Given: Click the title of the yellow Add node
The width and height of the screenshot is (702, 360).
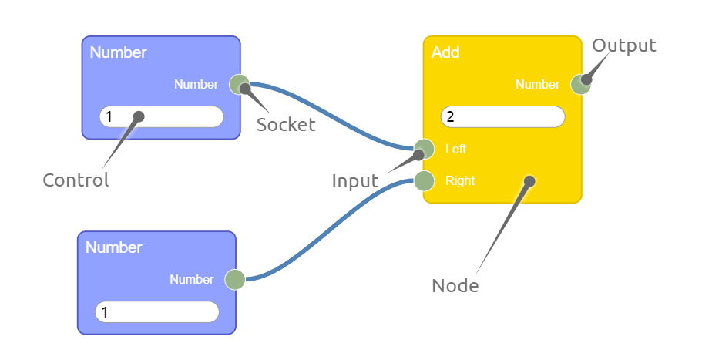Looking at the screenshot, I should [x=445, y=53].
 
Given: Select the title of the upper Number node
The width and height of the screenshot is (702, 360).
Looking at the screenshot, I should [x=118, y=53].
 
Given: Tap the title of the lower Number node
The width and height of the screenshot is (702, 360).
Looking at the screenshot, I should [x=113, y=248].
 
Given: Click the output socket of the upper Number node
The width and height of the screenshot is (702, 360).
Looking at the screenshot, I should [x=238, y=84].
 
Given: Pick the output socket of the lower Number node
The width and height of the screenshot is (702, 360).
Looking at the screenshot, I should [x=234, y=280].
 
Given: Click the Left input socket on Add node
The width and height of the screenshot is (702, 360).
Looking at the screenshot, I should [x=424, y=149].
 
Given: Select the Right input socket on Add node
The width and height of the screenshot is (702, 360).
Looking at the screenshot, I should [x=424, y=181].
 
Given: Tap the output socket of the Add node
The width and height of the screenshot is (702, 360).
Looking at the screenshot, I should [x=580, y=84].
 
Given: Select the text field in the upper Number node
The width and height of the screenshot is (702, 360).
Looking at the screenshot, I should [x=162, y=117].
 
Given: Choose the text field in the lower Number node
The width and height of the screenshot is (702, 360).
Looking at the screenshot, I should [x=157, y=312].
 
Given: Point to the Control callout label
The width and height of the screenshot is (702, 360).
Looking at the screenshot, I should [x=76, y=180].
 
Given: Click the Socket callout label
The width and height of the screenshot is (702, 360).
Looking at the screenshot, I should [x=286, y=125].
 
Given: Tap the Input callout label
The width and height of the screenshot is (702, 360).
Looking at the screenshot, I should [x=354, y=181].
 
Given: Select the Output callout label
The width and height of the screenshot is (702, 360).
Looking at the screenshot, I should [x=624, y=45].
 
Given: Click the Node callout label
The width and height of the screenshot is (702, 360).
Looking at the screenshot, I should [x=455, y=286].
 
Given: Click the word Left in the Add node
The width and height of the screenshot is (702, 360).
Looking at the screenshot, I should [x=455, y=149].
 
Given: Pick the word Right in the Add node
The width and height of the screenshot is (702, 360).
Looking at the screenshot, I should [x=459, y=181].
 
